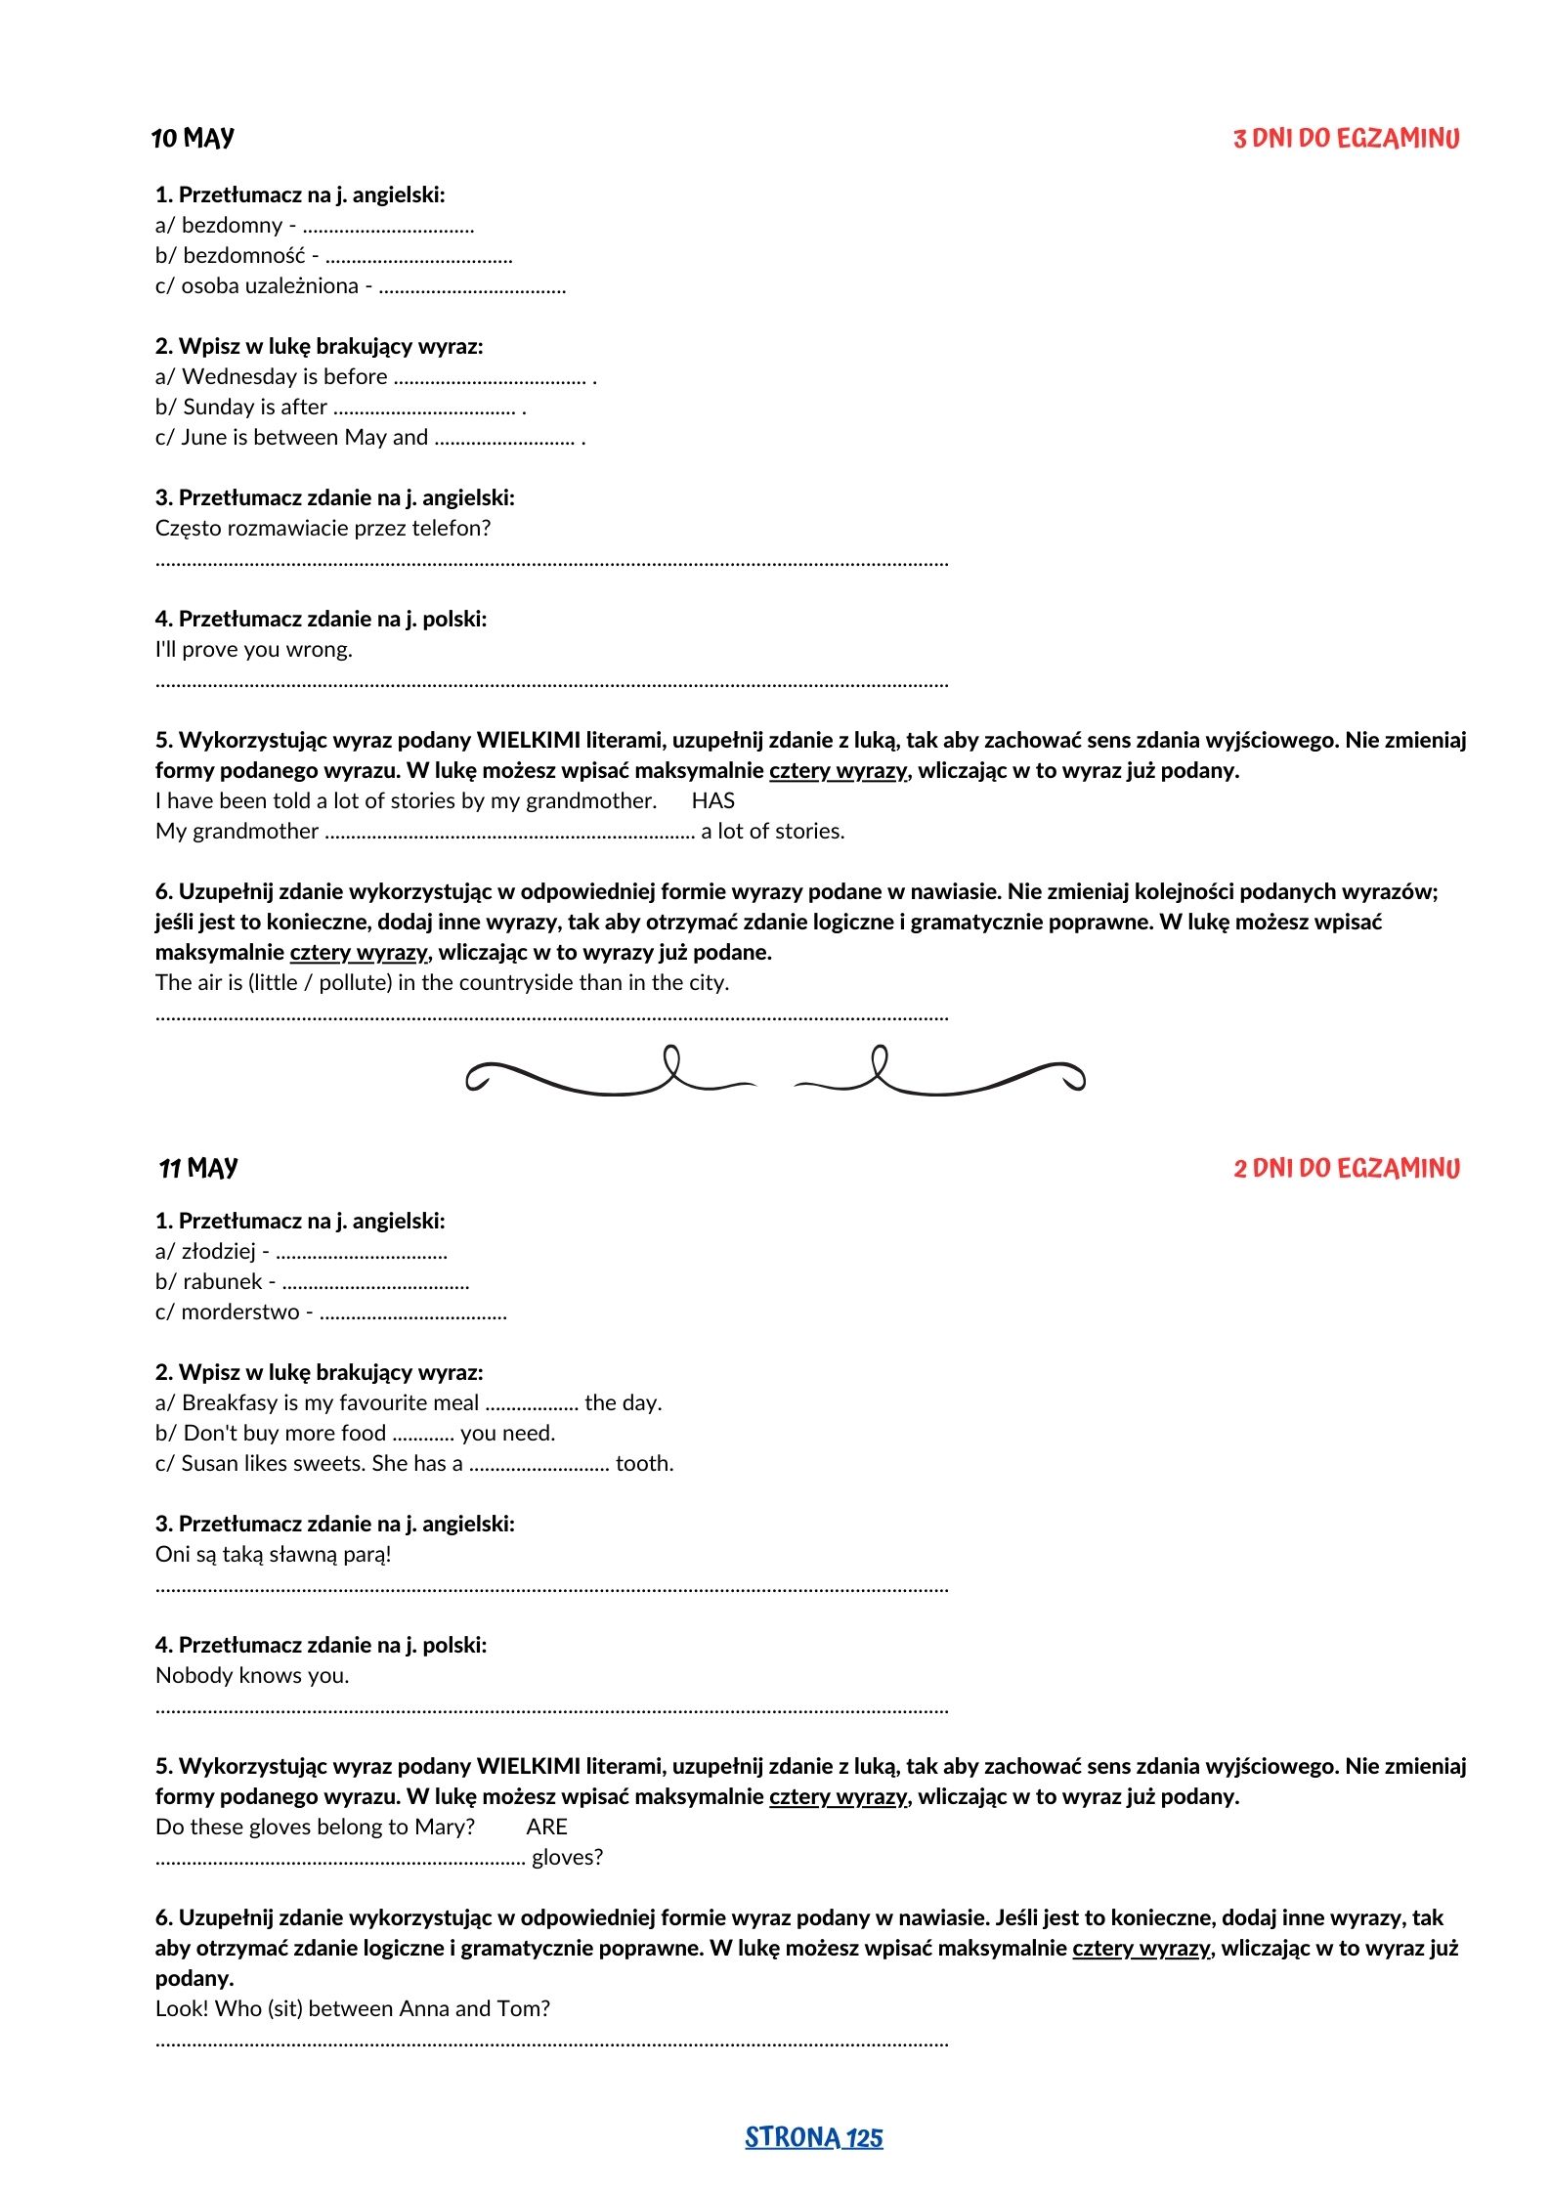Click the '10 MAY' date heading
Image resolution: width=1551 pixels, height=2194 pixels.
(193, 138)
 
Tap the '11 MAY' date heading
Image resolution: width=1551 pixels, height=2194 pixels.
(198, 1168)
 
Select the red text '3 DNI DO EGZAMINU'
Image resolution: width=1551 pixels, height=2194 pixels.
(1346, 139)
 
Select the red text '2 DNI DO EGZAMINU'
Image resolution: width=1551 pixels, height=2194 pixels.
(1346, 1169)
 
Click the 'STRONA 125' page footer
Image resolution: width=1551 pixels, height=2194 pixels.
(813, 2137)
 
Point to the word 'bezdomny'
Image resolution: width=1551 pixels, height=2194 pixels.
(232, 226)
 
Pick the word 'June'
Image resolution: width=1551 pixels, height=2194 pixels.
(203, 438)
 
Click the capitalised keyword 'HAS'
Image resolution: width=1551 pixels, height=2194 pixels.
(712, 801)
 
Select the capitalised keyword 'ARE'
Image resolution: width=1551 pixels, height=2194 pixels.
(546, 1828)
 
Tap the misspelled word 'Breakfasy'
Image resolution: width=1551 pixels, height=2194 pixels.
(230, 1403)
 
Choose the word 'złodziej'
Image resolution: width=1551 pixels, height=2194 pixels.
(219, 1252)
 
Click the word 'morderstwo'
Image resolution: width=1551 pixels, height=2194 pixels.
(240, 1312)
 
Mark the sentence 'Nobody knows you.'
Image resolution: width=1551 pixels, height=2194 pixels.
(252, 1676)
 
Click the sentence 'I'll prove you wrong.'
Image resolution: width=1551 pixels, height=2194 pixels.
(254, 650)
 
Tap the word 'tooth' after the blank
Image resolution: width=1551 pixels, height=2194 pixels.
(642, 1464)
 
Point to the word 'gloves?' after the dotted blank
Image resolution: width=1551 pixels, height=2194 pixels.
(567, 1858)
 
